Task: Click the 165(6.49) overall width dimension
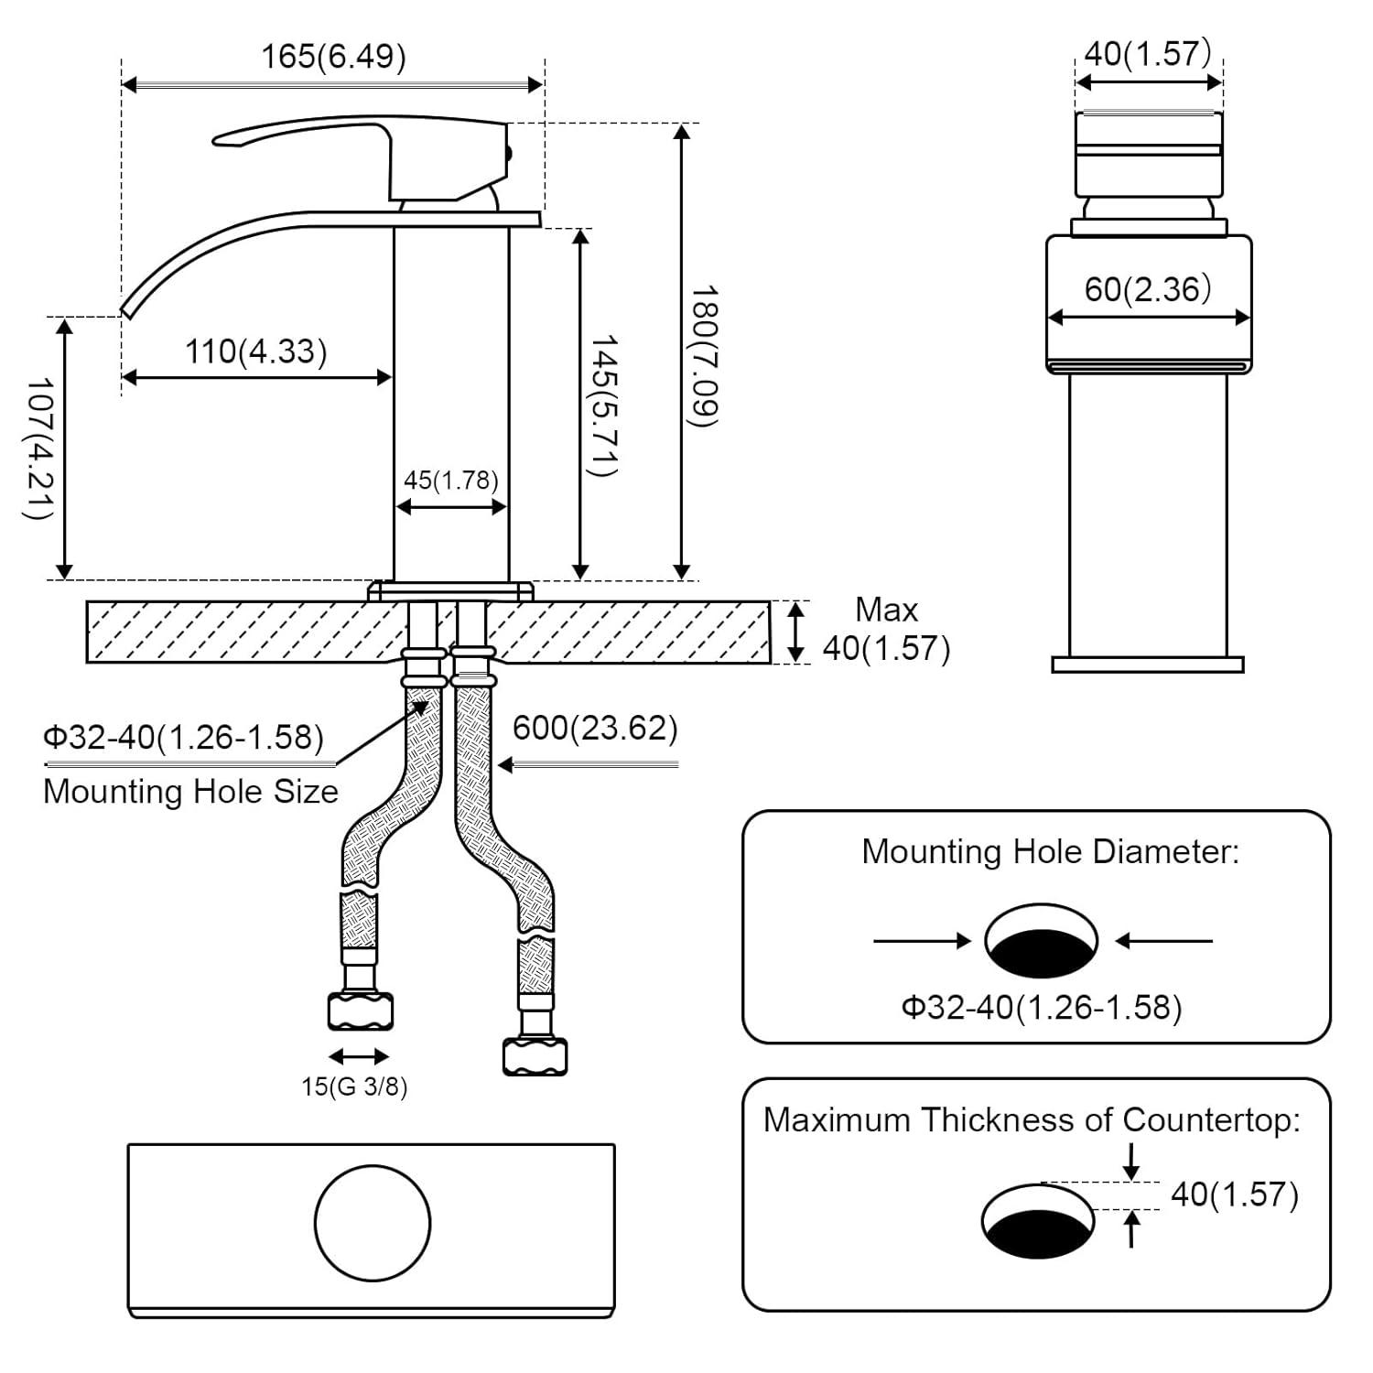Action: point(333,57)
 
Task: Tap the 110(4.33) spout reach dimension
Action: point(255,351)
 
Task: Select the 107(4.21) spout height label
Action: point(38,448)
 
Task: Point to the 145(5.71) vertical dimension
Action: point(604,405)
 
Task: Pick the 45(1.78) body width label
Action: point(450,481)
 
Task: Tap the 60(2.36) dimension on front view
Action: point(1148,290)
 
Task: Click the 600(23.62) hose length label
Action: point(595,729)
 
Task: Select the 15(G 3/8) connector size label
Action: point(354,1087)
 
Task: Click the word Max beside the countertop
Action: point(886,610)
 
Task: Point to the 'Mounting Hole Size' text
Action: point(190,792)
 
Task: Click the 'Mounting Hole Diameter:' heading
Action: point(1050,852)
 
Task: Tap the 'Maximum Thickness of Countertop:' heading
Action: point(1032,1120)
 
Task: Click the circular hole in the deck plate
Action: point(373,1223)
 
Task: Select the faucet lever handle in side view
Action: point(357,137)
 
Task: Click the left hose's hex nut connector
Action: point(360,1011)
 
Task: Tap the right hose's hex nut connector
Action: point(535,1055)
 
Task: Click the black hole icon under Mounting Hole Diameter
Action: point(1041,942)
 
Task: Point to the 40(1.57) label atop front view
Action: point(1148,54)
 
